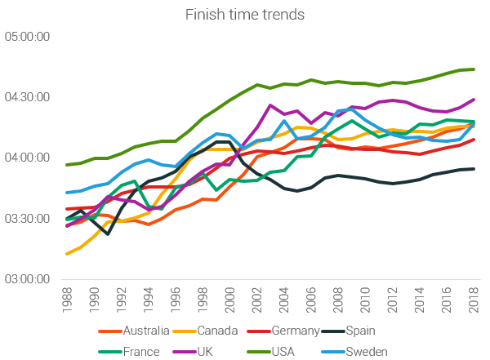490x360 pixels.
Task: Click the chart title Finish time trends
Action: coord(244,14)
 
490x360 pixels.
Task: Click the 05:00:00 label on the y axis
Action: coord(27,37)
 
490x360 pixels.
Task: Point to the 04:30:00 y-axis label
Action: coord(27,97)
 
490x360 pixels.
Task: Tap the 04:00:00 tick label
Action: coord(27,158)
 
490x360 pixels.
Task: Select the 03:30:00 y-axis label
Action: coord(27,218)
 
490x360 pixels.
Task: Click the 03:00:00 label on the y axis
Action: coord(27,278)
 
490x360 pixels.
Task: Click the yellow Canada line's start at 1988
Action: coord(67,254)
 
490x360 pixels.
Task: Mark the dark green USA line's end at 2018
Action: coord(474,69)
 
